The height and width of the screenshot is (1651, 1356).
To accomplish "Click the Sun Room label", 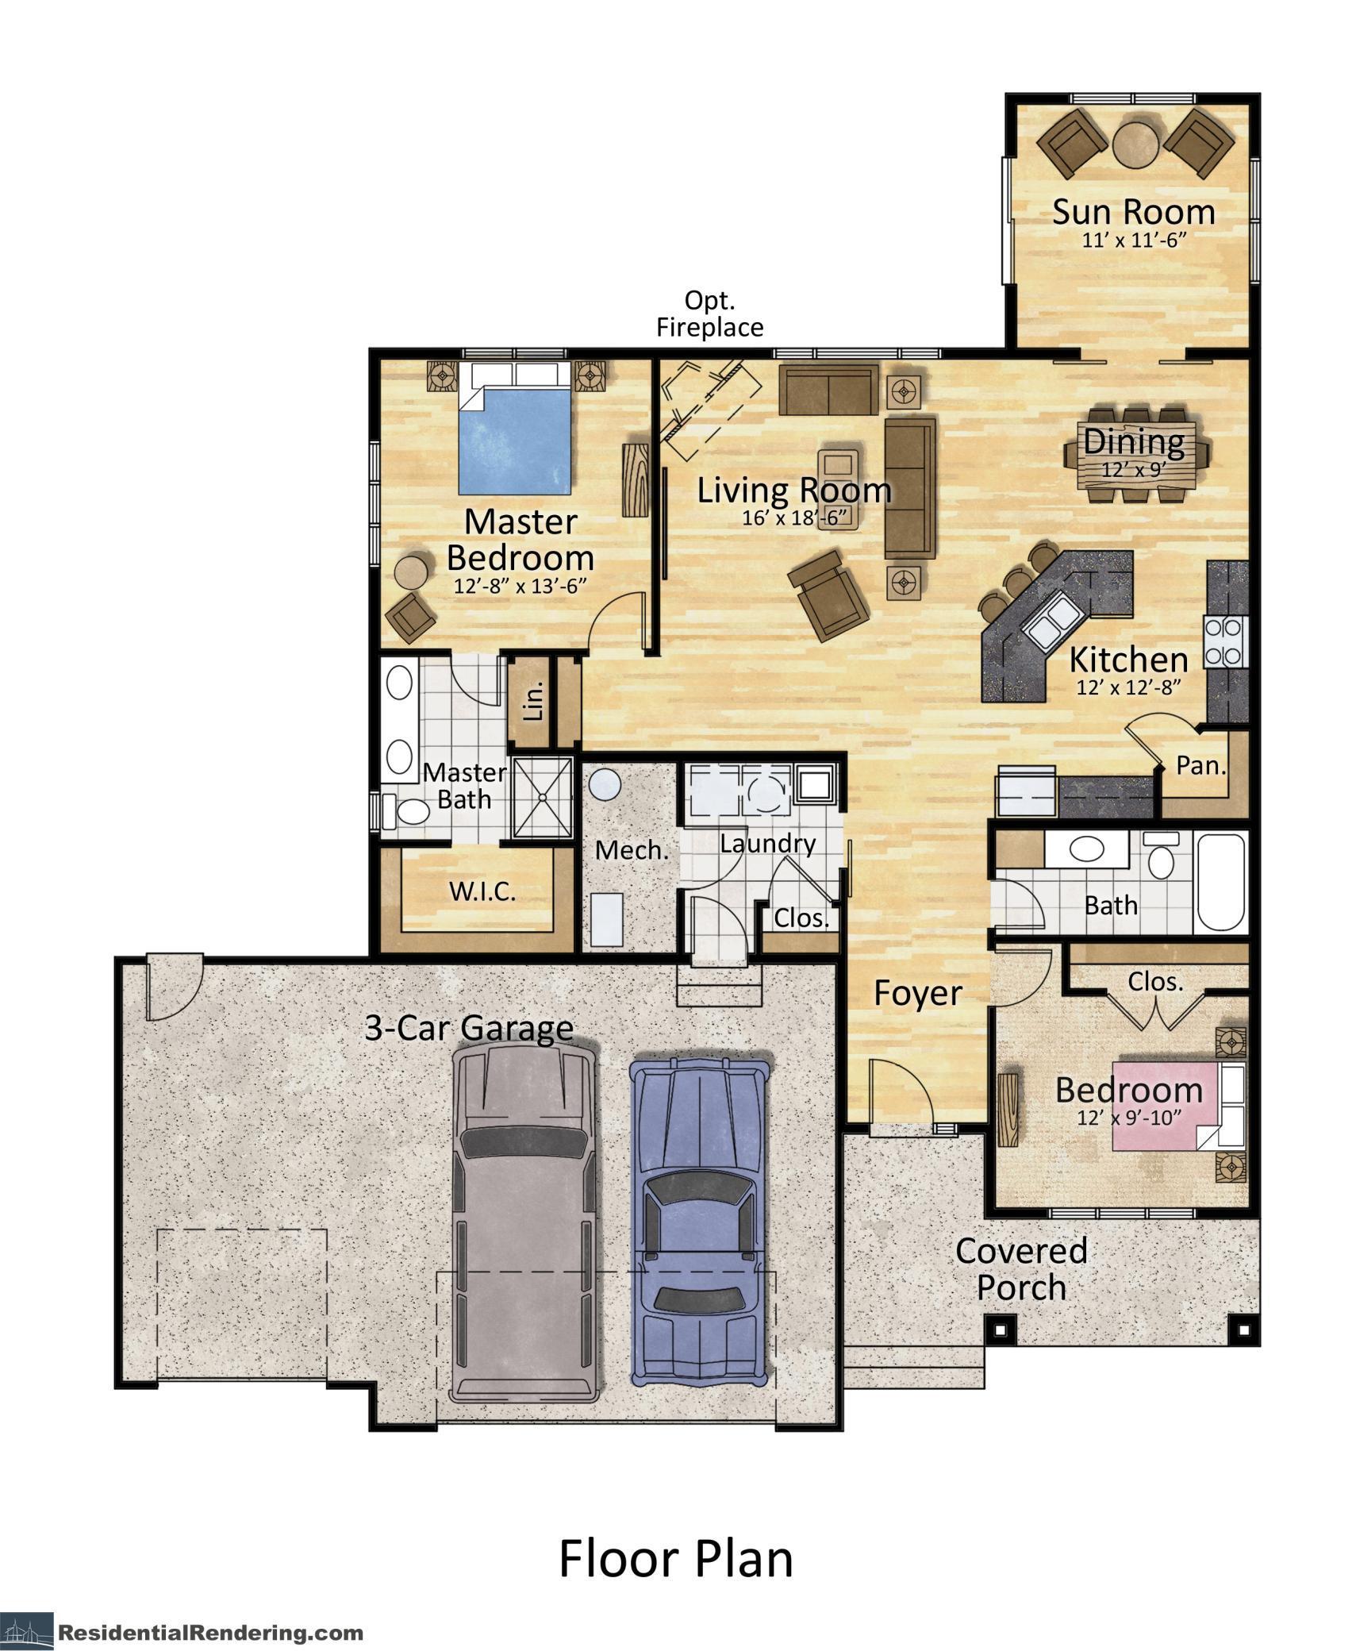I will click(x=1132, y=213).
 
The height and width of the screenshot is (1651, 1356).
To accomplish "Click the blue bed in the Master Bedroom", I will click(x=514, y=441).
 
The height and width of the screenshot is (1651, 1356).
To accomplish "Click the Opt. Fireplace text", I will click(x=709, y=314).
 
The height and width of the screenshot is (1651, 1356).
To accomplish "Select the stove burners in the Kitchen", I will click(x=1223, y=641).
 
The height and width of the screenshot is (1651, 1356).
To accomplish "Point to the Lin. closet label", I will click(x=535, y=700).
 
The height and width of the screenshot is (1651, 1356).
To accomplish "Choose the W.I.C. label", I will click(x=482, y=891).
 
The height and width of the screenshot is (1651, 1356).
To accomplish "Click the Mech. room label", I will click(x=632, y=851).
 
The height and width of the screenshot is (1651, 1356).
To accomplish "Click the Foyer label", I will click(x=917, y=993).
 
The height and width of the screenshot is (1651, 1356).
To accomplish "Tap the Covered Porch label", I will click(x=1020, y=1268).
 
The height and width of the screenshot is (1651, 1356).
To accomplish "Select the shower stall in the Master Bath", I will click(x=542, y=797).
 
